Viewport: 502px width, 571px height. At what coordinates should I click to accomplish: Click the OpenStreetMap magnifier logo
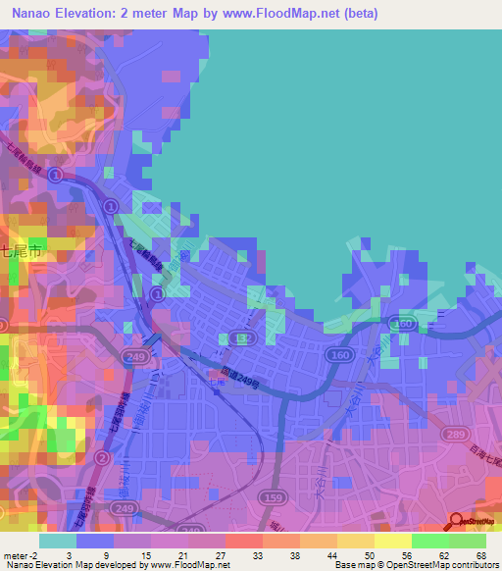click(458, 523)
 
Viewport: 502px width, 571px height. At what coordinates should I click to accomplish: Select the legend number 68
click(479, 555)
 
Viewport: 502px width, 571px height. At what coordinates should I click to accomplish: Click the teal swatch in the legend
click(58, 541)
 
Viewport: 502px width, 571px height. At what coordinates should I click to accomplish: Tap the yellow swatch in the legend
click(393, 541)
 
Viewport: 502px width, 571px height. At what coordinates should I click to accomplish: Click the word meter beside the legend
click(15, 555)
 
